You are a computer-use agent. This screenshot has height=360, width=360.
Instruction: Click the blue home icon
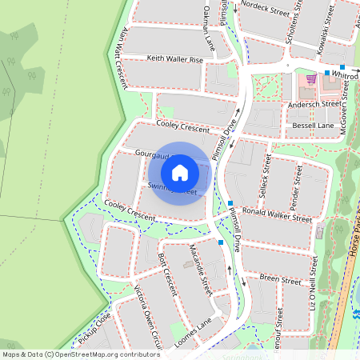click(x=180, y=172)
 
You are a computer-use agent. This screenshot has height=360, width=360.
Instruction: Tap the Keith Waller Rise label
click(x=175, y=58)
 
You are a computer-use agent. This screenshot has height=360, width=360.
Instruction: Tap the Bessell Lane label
click(x=313, y=126)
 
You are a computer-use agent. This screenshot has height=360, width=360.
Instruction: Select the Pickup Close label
click(x=95, y=328)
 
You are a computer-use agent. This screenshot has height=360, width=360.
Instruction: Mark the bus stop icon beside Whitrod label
click(x=326, y=74)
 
